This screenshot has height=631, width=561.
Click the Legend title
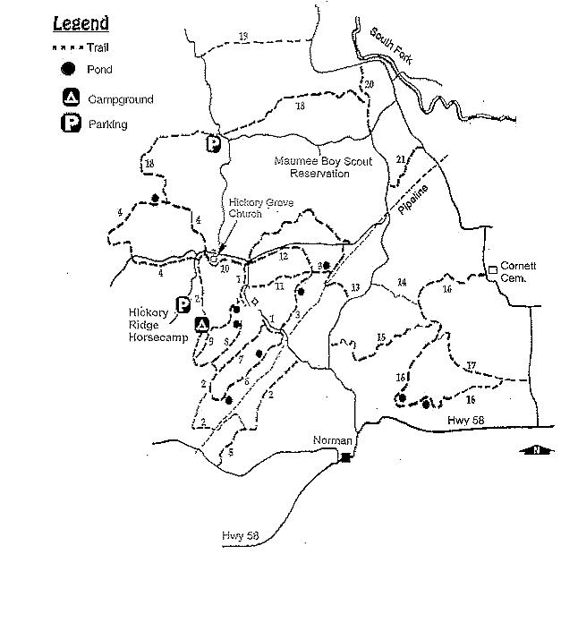click(x=81, y=23)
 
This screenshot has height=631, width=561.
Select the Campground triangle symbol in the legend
click(x=70, y=98)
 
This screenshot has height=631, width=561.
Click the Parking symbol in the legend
click(x=70, y=124)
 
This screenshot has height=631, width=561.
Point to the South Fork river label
click(x=387, y=46)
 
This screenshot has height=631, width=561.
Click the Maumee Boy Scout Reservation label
click(x=312, y=167)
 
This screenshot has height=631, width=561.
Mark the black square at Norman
click(x=346, y=457)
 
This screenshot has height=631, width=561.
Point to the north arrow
click(x=536, y=450)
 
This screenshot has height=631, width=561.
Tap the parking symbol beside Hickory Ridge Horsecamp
click(x=183, y=305)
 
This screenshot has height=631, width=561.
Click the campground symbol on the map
click(x=202, y=324)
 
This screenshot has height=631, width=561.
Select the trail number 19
click(x=243, y=36)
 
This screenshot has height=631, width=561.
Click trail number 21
click(x=401, y=158)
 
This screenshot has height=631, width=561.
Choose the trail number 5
click(x=231, y=453)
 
